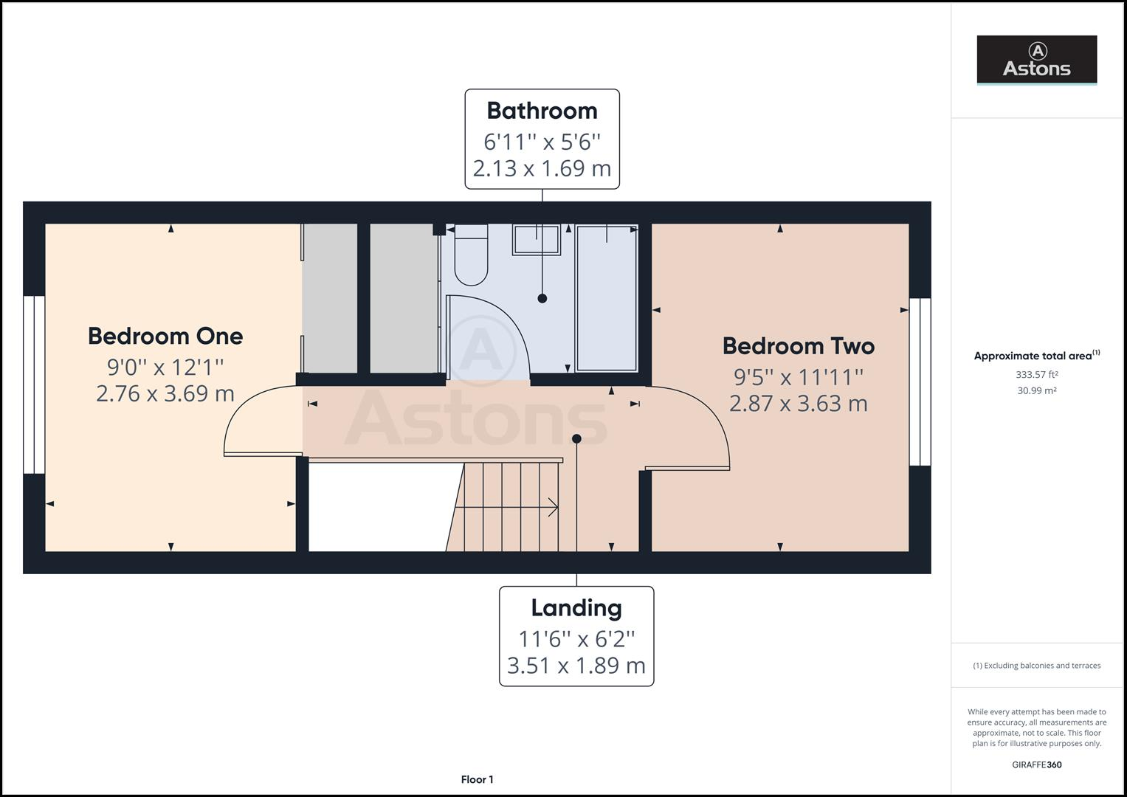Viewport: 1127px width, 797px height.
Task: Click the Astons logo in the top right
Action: (x=1036, y=60)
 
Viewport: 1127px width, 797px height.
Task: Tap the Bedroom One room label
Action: (x=165, y=337)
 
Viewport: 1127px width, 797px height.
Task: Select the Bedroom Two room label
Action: (x=798, y=346)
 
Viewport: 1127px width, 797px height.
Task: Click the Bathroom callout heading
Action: (x=542, y=111)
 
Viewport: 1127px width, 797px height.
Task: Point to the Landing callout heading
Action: (x=576, y=608)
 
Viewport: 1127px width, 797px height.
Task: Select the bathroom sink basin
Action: (x=537, y=240)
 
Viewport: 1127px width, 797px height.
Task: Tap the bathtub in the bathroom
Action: (x=607, y=298)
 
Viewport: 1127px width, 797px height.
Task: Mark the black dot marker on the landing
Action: (x=576, y=439)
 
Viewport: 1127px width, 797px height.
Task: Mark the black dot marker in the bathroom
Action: (x=542, y=298)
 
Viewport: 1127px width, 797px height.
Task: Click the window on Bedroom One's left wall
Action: (x=34, y=384)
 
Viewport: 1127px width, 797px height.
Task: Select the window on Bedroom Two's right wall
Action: (x=920, y=382)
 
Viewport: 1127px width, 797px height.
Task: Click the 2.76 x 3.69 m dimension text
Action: (x=165, y=393)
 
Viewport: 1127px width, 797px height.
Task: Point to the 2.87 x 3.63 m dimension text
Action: (x=798, y=404)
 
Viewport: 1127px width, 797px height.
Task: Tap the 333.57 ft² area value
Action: (x=1036, y=375)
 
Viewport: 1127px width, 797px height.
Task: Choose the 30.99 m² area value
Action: (x=1036, y=391)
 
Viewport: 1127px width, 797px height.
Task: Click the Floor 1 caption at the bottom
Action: (x=477, y=779)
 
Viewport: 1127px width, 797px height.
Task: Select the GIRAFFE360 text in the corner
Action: (x=1036, y=765)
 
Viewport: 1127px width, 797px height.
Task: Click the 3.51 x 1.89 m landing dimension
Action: (x=576, y=666)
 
